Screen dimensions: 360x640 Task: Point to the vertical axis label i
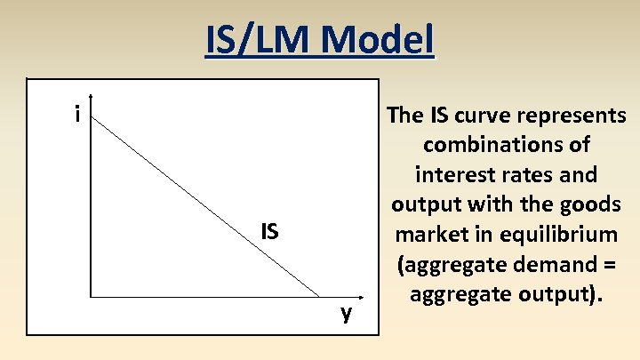pos(78,114)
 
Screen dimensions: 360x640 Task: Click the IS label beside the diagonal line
pos(269,232)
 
